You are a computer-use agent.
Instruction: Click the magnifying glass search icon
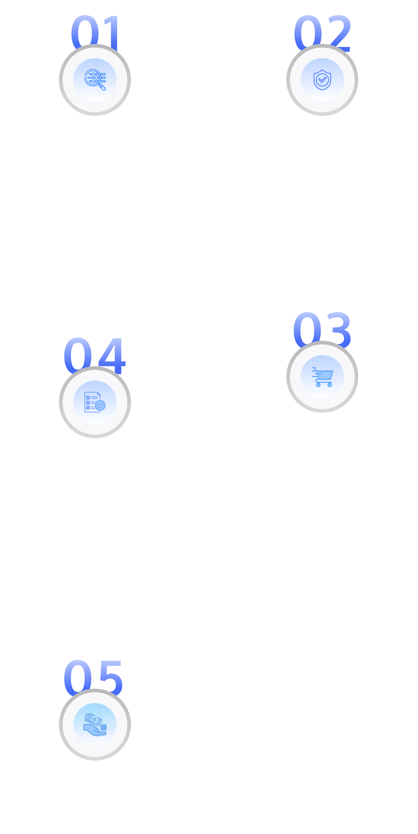click(x=95, y=80)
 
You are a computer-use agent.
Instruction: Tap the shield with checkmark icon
click(x=322, y=80)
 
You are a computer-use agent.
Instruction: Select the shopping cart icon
click(x=322, y=377)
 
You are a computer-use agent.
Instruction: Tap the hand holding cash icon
click(x=95, y=725)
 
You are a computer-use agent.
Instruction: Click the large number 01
click(x=95, y=31)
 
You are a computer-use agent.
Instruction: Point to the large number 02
click(x=322, y=31)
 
